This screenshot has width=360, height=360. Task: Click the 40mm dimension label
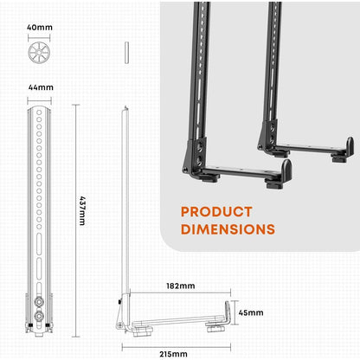click(x=40, y=28)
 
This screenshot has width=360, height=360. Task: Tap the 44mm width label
click(x=41, y=87)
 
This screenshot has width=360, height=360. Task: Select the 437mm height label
click(x=82, y=211)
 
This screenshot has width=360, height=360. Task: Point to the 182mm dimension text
click(x=181, y=286)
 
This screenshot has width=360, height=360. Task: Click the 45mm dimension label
click(x=251, y=312)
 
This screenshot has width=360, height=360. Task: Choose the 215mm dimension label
click(x=173, y=354)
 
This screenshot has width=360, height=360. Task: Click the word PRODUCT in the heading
click(x=216, y=212)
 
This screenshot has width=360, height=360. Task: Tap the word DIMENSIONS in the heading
click(x=228, y=229)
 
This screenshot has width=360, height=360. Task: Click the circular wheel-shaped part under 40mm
click(x=39, y=53)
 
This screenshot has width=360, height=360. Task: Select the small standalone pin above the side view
click(x=126, y=53)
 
